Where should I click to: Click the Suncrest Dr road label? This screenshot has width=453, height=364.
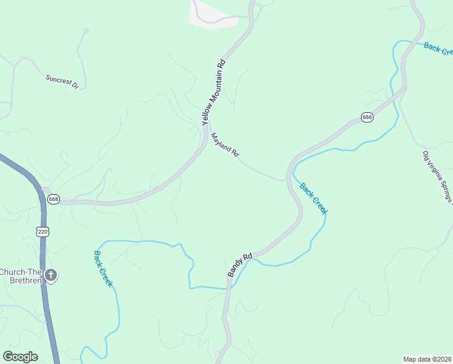click(x=62, y=83)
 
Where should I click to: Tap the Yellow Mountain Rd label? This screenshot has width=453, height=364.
click(x=214, y=92)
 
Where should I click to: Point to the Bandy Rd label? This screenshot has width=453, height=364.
click(x=239, y=265)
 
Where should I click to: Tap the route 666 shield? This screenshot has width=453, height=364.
click(x=367, y=117)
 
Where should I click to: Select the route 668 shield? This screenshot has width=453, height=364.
click(x=54, y=199)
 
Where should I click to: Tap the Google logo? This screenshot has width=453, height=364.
click(x=20, y=357)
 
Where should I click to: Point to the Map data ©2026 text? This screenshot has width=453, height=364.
click(x=427, y=359)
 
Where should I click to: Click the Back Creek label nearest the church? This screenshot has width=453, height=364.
click(x=104, y=269)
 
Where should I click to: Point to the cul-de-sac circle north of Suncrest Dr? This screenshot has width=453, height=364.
click(x=86, y=30)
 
